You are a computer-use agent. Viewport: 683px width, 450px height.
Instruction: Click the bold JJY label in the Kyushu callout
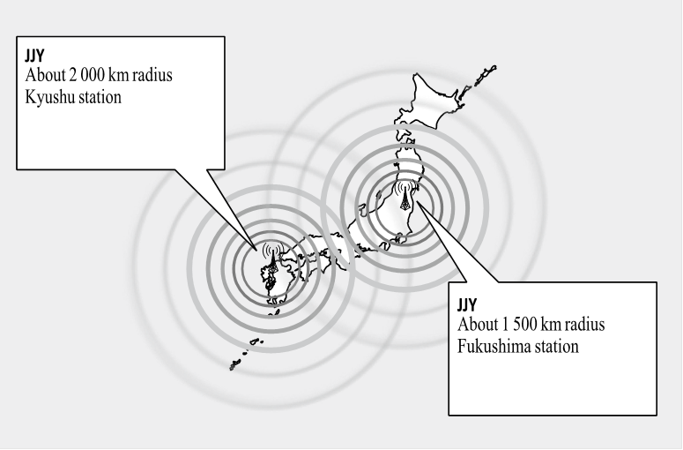point(34,56)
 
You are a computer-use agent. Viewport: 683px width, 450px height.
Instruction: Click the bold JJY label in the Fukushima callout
point(467,304)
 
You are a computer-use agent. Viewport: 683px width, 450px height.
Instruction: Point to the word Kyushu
point(48,97)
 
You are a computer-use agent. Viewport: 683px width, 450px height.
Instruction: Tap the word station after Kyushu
point(98,97)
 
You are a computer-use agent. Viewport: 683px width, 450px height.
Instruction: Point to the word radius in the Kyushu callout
point(152,75)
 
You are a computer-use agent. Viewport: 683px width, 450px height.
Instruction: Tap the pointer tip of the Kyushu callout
point(256,250)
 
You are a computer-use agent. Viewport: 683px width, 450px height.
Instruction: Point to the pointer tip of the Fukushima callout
point(417,201)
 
